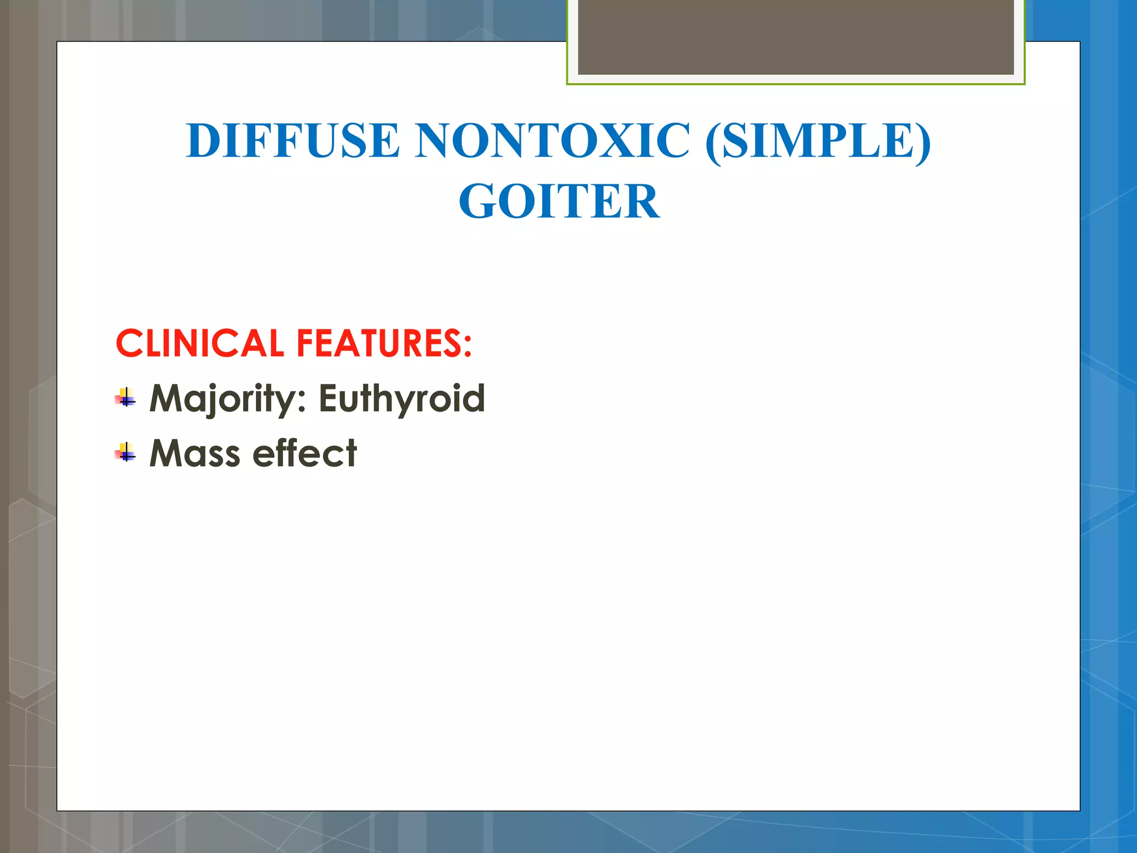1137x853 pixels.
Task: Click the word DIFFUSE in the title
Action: tap(293, 141)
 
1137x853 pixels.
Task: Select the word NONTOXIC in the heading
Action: tap(553, 141)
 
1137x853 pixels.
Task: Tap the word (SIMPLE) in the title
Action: tap(818, 141)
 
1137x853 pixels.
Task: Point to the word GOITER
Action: tap(559, 202)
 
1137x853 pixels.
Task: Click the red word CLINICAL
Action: tap(200, 343)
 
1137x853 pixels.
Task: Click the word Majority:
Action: tap(228, 399)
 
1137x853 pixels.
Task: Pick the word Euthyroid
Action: tap(401, 399)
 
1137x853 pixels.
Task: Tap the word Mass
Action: tap(195, 453)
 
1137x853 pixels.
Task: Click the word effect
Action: tap(305, 453)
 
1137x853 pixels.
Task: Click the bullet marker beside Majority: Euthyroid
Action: tap(126, 398)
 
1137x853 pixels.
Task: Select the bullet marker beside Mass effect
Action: tap(126, 453)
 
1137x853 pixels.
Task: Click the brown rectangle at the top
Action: tap(796, 37)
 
